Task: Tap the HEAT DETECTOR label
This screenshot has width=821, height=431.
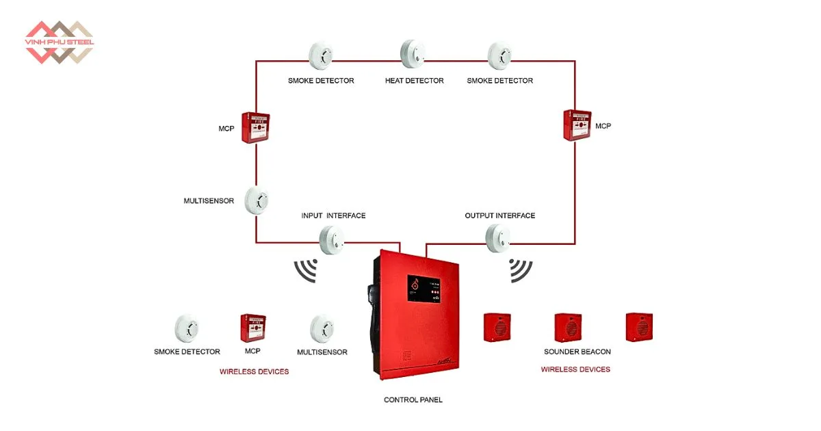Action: pyautogui.click(x=414, y=81)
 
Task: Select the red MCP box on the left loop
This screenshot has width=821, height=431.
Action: pyautogui.click(x=255, y=127)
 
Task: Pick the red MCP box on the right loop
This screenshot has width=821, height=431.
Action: pyautogui.click(x=577, y=125)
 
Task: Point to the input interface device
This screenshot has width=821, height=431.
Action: pyautogui.click(x=332, y=239)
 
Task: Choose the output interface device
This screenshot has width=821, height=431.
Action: pyautogui.click(x=498, y=237)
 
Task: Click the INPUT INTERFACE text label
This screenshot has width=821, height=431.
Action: pyautogui.click(x=333, y=215)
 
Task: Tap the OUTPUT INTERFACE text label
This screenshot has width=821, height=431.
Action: pyautogui.click(x=500, y=215)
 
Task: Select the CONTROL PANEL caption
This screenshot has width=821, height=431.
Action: pyautogui.click(x=413, y=400)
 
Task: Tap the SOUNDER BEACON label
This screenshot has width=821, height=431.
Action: pyautogui.click(x=577, y=352)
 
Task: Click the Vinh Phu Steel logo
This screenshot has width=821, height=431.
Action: pyautogui.click(x=59, y=42)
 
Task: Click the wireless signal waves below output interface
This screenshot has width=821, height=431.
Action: pyautogui.click(x=521, y=270)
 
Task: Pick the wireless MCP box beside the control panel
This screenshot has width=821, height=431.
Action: pyautogui.click(x=252, y=328)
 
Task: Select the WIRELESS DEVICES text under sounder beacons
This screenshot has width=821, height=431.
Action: pyautogui.click(x=575, y=369)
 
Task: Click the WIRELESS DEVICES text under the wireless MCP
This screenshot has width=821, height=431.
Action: pyautogui.click(x=254, y=371)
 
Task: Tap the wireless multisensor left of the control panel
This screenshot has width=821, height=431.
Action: pyautogui.click(x=322, y=329)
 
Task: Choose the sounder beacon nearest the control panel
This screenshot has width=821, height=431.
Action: pyautogui.click(x=497, y=327)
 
